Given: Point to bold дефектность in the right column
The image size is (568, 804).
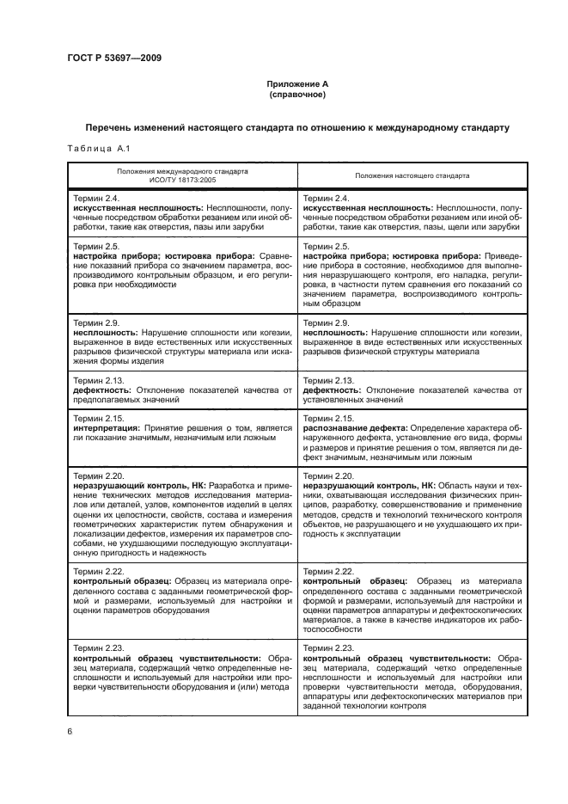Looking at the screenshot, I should pyautogui.click(x=329, y=390).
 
